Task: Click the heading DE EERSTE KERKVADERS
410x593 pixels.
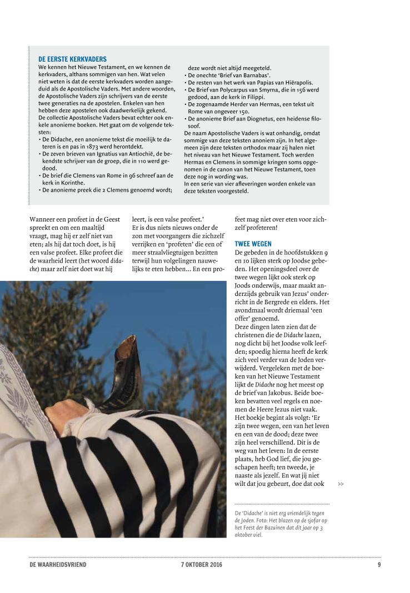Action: coord(72,59)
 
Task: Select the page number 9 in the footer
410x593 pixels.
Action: coord(378,565)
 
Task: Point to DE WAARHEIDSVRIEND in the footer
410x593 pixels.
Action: coord(58,565)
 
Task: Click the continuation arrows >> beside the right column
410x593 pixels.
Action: coord(341,484)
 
